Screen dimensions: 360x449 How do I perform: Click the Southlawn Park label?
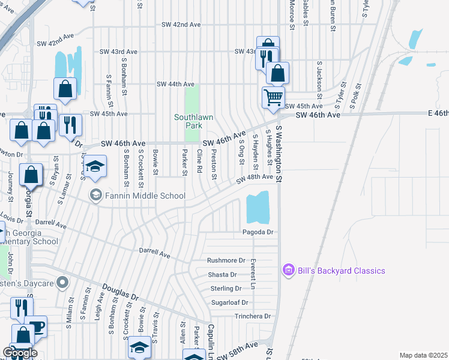[x=193, y=122]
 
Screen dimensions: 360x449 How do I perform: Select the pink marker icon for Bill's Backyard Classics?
[x=288, y=271]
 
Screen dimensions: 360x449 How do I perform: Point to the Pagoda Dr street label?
[x=258, y=232]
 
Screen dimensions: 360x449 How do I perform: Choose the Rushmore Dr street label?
[x=226, y=260]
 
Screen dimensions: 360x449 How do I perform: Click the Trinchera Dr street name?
[x=253, y=316]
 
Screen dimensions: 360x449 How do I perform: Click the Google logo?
[x=19, y=353]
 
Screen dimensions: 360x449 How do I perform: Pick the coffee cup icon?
[x=37, y=326]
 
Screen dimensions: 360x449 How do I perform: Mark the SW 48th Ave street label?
[x=255, y=178]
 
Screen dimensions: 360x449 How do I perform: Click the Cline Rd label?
[x=199, y=163]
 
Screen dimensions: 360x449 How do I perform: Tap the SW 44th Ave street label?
[x=175, y=84]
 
